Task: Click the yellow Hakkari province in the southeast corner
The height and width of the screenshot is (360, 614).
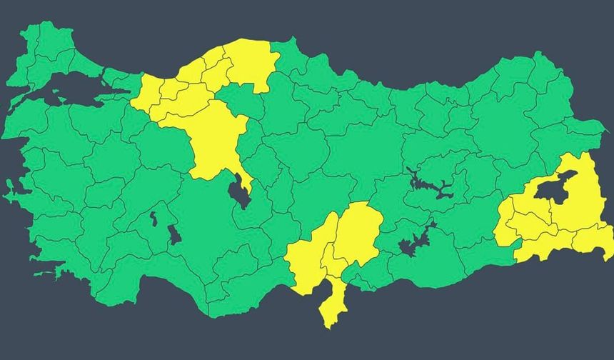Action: pyautogui.click(x=593, y=239)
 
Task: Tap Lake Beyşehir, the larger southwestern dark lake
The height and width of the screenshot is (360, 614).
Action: pyautogui.click(x=174, y=234)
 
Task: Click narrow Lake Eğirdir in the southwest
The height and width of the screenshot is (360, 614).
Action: pyautogui.click(x=154, y=219)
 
